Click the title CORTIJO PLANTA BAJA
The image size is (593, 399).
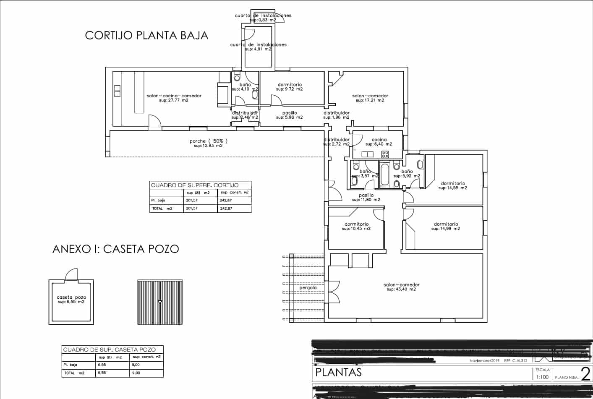[x=146, y=35]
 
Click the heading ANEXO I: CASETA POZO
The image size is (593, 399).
[x=115, y=249]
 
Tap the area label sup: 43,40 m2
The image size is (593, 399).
[x=401, y=289]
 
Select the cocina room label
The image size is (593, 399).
[x=379, y=140]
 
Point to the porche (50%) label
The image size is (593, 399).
[x=208, y=141]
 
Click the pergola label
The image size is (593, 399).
[x=308, y=288]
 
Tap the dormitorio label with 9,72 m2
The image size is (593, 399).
[x=290, y=84]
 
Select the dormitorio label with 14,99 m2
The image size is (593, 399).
[x=446, y=224]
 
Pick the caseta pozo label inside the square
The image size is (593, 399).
[x=71, y=297]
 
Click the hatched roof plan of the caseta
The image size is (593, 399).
[x=160, y=302]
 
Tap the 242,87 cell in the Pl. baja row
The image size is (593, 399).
[x=226, y=201]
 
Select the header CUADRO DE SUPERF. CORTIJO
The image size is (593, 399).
[x=195, y=185]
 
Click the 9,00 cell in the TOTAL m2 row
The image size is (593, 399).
[x=136, y=373]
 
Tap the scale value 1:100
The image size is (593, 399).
[x=542, y=377]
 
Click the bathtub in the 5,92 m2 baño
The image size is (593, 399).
[x=384, y=175]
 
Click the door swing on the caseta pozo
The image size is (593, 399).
[x=71, y=274]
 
